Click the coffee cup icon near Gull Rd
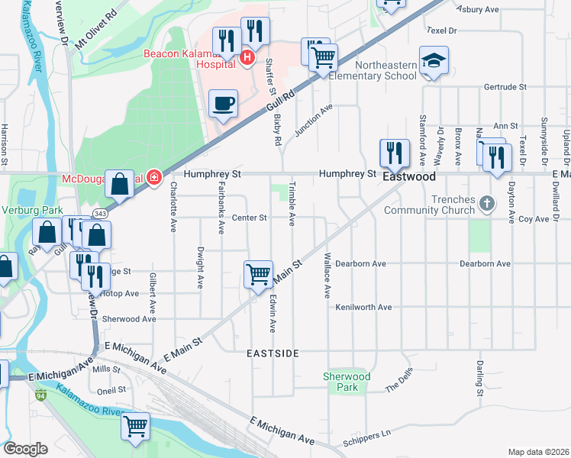pyautogui.click(x=223, y=103)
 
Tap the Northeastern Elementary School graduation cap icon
pyautogui.click(x=434, y=60)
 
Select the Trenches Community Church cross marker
pyautogui.click(x=488, y=204)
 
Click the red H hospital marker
pyautogui.click(x=247, y=56)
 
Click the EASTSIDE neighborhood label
pyautogui.click(x=273, y=354)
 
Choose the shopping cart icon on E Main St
pyautogui.click(x=258, y=273)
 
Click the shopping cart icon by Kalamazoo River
pyautogui.click(x=136, y=426)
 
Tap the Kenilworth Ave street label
pyautogui.click(x=363, y=307)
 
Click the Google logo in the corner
pyautogui.click(x=24, y=449)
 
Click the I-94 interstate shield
pyautogui.click(x=40, y=395)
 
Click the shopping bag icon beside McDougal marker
pyautogui.click(x=120, y=183)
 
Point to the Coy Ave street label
pyautogui.click(x=534, y=219)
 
